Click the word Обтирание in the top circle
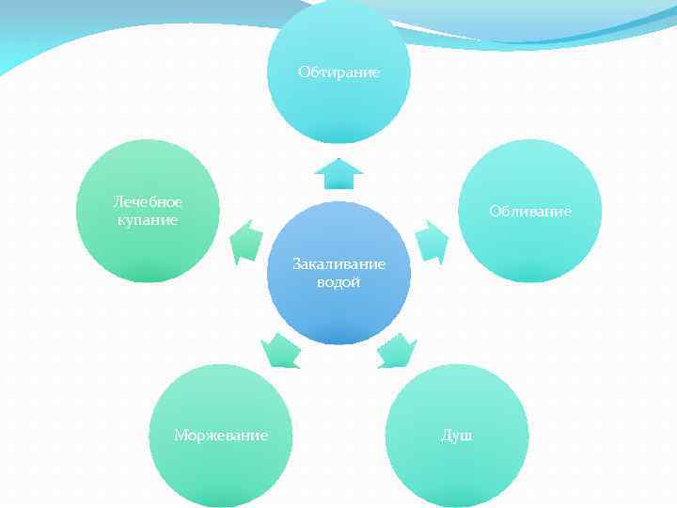[x=338, y=71]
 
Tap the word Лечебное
[x=148, y=202]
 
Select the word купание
[x=148, y=219]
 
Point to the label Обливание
[x=529, y=211]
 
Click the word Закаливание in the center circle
[x=338, y=265]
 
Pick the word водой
[x=338, y=282]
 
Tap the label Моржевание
[x=221, y=435]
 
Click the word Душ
[x=457, y=435]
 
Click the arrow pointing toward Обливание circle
[x=432, y=240]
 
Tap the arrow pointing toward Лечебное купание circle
[x=246, y=241]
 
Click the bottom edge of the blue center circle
[x=338, y=341]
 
